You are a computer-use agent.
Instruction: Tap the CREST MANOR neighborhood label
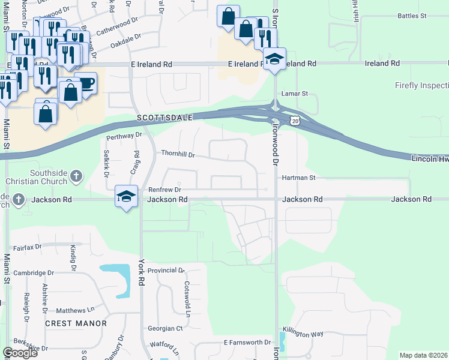point(76,323)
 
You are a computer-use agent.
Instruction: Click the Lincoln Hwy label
point(430,158)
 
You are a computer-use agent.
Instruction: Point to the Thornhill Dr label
point(178,154)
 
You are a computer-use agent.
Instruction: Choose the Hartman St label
point(298,178)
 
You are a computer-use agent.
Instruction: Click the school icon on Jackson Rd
point(126,197)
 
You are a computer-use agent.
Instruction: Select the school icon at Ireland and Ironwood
point(274,59)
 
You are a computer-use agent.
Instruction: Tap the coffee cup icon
point(87,82)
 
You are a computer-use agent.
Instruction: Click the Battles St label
point(412,15)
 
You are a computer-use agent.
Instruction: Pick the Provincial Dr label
point(166,271)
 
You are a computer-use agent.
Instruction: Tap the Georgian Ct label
point(165,328)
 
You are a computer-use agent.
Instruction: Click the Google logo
point(20,353)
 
